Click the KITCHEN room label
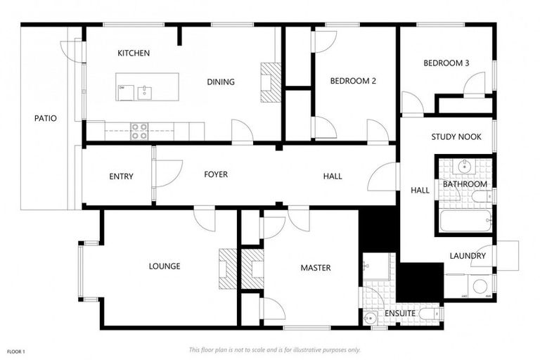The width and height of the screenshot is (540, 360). [133, 53]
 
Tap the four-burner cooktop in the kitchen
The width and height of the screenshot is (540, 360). [139, 130]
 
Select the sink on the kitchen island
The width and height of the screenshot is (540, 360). [145, 91]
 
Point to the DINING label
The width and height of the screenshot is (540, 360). [220, 82]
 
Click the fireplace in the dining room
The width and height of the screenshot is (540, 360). [269, 83]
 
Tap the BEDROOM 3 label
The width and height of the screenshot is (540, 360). [446, 63]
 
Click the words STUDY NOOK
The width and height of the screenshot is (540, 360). [456, 137]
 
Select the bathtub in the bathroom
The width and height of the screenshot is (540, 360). [465, 221]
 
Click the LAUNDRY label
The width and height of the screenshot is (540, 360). [468, 256]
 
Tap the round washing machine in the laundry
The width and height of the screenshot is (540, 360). [480, 286]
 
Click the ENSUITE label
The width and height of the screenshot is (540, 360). [400, 313]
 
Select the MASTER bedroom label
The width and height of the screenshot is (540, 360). [315, 268]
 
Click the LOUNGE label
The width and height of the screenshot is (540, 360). [165, 266]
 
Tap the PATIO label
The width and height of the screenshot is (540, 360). [45, 118]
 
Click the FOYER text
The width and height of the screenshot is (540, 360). [216, 174]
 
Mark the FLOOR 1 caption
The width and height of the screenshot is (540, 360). [15, 350]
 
